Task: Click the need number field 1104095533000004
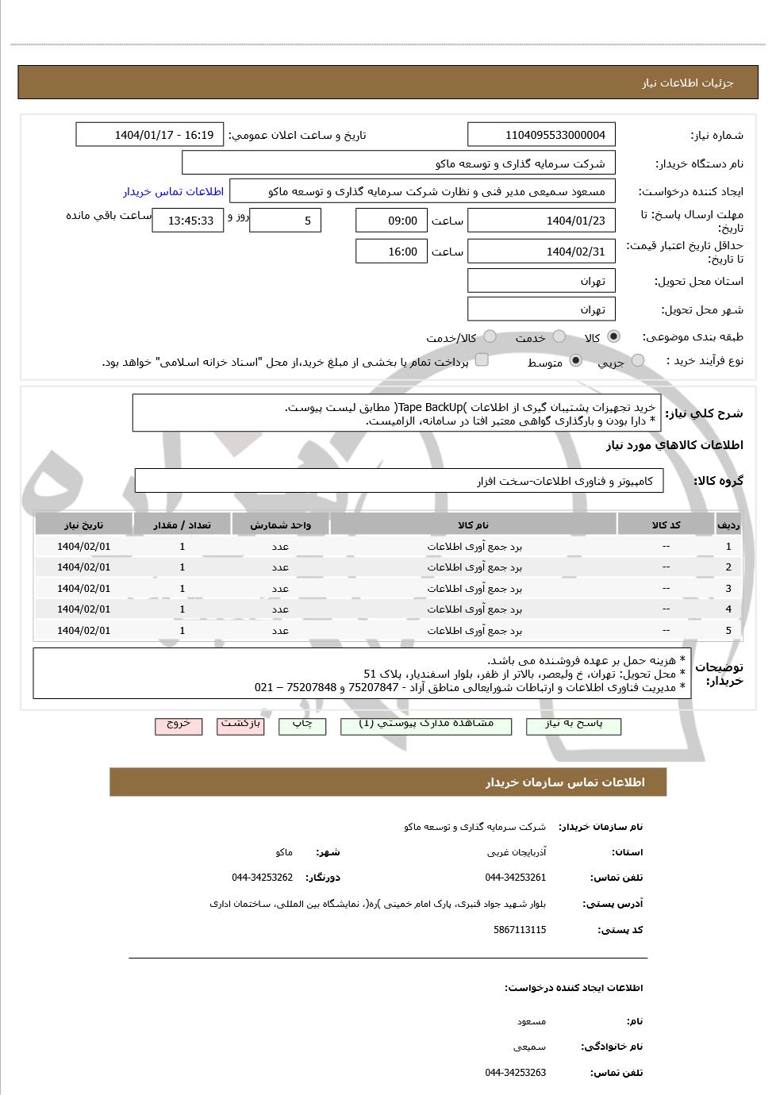pos(541,135)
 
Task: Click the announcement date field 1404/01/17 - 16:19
pos(149,135)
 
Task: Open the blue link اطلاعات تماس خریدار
pos(173,192)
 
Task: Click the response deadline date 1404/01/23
pos(541,221)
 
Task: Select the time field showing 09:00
pos(391,221)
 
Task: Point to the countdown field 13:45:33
pos(187,221)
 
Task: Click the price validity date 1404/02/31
pos(541,252)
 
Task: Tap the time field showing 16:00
pos(391,252)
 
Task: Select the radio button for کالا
pos(613,336)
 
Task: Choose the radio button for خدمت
pos(559,336)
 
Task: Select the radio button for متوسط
pos(576,361)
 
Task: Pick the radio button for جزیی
pos(638,361)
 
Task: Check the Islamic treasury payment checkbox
pos(482,360)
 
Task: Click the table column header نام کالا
pos(473,525)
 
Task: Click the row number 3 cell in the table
pos(728,589)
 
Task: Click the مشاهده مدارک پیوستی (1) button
pos(426,725)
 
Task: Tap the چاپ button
pos(302,725)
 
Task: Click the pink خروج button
pos(179,725)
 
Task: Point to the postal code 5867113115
pos(519,930)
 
